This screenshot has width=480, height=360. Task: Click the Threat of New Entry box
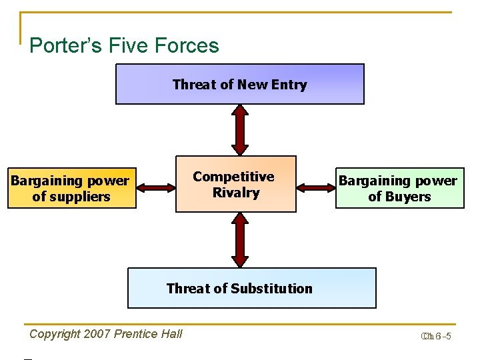(x=240, y=84)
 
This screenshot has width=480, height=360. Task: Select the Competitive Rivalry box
(x=235, y=184)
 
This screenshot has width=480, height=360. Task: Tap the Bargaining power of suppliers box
(x=71, y=188)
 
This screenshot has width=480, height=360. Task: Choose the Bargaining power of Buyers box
(x=399, y=188)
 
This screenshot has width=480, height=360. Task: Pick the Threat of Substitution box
(x=251, y=288)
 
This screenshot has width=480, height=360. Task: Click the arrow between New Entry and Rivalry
(x=239, y=130)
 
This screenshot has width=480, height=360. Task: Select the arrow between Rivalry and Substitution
(x=239, y=240)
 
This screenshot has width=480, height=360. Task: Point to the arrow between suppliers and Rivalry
(x=155, y=187)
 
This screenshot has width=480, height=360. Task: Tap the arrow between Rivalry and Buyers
(x=315, y=187)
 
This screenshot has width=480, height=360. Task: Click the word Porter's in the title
(x=63, y=46)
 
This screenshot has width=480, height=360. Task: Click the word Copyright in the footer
(x=55, y=334)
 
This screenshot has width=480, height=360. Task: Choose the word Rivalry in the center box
(x=235, y=193)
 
